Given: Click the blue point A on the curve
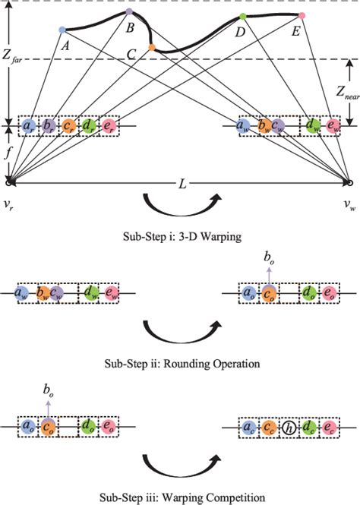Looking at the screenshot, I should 62,30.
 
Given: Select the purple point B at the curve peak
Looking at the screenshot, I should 129,12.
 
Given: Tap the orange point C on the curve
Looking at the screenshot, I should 152,47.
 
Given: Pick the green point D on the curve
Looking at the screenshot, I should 242,16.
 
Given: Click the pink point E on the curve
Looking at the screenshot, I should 302,15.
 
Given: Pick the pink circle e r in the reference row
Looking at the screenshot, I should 108,125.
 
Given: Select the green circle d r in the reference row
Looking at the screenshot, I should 88,125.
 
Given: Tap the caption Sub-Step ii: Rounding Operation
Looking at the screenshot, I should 180,364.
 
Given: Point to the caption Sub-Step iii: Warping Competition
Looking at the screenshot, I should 180,497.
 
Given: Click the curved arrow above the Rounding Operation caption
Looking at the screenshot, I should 180,334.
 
